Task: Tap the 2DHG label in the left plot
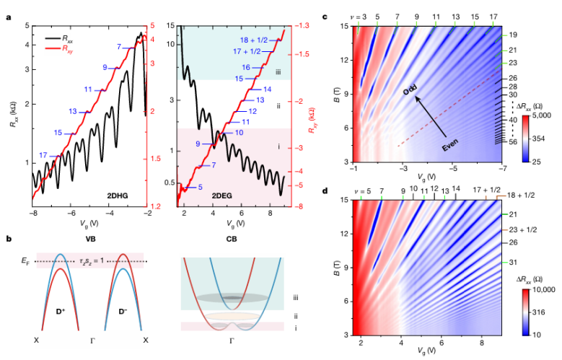(118, 196)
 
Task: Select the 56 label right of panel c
(512, 141)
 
